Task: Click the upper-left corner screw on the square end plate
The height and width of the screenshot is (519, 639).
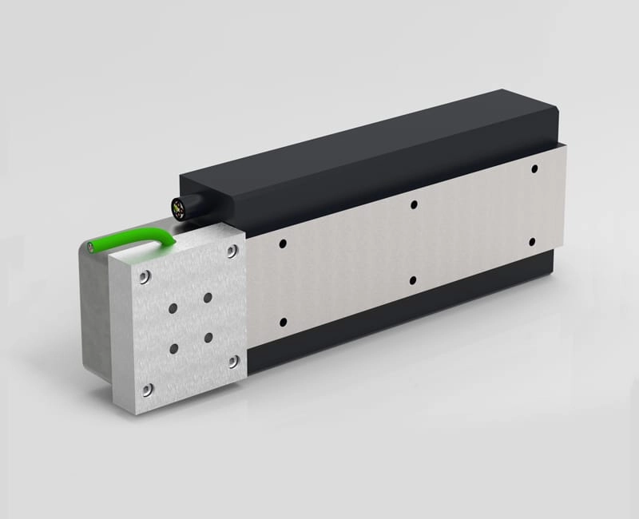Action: pyautogui.click(x=144, y=277)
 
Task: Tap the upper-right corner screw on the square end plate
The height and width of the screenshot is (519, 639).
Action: pyautogui.click(x=232, y=252)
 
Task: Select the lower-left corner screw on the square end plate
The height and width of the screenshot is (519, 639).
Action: pyautogui.click(x=146, y=389)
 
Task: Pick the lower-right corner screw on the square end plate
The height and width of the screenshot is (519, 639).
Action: pyautogui.click(x=233, y=361)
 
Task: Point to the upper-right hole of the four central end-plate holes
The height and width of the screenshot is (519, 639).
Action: pyautogui.click(x=208, y=297)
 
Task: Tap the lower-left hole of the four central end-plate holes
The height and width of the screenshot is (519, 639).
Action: pyautogui.click(x=173, y=348)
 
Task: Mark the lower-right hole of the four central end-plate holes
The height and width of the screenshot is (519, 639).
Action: pyautogui.click(x=208, y=337)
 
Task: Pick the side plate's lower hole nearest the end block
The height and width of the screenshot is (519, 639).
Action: pyautogui.click(x=284, y=322)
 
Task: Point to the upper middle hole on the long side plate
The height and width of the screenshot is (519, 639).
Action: pyautogui.click(x=414, y=204)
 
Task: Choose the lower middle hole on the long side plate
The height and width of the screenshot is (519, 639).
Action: pyautogui.click(x=413, y=280)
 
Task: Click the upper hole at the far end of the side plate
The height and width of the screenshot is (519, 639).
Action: pyautogui.click(x=534, y=170)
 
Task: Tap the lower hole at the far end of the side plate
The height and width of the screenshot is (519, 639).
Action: pyautogui.click(x=532, y=241)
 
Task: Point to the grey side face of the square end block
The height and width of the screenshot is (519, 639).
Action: pyautogui.click(x=100, y=319)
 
